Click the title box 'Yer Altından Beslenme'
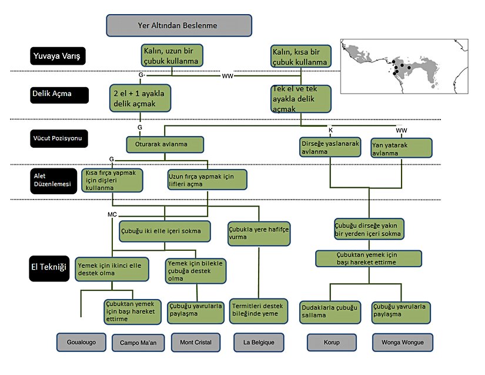tap(179, 25)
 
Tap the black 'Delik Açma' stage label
tap(59, 95)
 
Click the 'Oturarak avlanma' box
tap(165, 145)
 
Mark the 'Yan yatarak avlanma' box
tap(402, 148)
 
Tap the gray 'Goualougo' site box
tap(81, 341)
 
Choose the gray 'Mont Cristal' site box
tap(195, 341)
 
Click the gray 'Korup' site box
tap(332, 341)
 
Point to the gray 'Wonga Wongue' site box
tap(402, 341)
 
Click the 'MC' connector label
tap(112, 214)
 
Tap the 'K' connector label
tap(330, 129)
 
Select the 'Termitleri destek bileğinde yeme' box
tap(259, 310)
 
